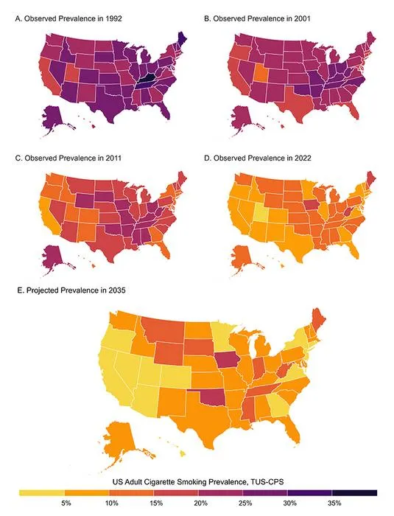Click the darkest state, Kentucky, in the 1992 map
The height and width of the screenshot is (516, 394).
coord(147,79)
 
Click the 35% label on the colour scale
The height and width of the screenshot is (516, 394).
coord(334,503)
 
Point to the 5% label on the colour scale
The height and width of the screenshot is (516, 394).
coord(66,503)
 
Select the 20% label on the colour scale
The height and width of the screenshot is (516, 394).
coord(200,503)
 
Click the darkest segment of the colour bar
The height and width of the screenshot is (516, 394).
coord(354,492)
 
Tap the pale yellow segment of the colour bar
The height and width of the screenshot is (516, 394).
coord(41,492)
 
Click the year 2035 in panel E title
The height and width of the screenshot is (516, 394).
coord(117,290)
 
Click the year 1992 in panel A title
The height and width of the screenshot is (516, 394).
coord(114,18)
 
